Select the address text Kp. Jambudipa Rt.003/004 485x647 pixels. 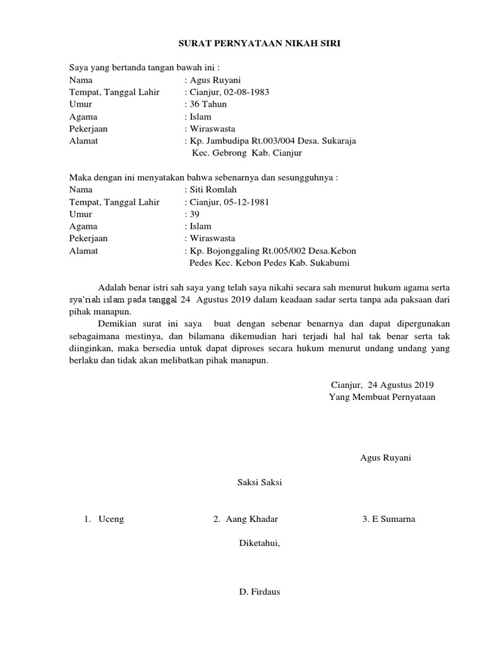click(x=246, y=141)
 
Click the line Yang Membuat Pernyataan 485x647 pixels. click(x=382, y=397)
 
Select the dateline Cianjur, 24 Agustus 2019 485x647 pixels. click(x=383, y=384)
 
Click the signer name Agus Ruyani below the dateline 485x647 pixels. click(x=385, y=457)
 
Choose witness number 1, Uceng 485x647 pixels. click(x=111, y=519)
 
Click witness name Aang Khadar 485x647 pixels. click(x=251, y=519)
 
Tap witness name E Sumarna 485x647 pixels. click(x=393, y=519)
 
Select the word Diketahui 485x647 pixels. click(x=259, y=543)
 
